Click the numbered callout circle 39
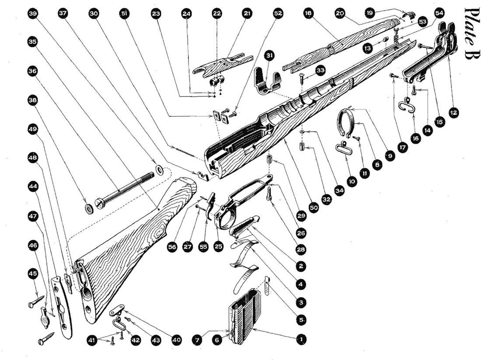pos(32,14)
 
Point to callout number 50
pos(313,208)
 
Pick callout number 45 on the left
pos(32,273)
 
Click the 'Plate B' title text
pos(471,35)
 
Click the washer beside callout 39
pos(158,169)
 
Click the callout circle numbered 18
pos(308,14)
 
